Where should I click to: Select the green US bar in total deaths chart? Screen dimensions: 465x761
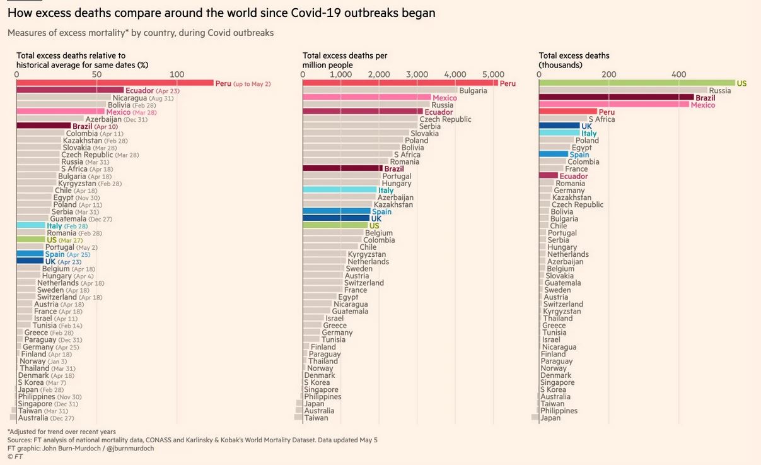pyautogui.click(x=637, y=83)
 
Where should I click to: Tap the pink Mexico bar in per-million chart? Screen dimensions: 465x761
pyautogui.click(x=366, y=98)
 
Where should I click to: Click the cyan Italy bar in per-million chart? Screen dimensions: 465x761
pyautogui.click(x=339, y=190)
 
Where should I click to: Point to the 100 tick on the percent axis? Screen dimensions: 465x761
pyautogui.click(x=177, y=74)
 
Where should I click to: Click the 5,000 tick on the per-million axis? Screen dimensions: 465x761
pyautogui.click(x=493, y=74)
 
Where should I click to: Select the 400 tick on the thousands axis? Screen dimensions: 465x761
pyautogui.click(x=678, y=74)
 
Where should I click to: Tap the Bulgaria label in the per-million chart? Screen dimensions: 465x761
pyautogui.click(x=473, y=91)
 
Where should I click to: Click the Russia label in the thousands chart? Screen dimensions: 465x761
pyautogui.click(x=719, y=91)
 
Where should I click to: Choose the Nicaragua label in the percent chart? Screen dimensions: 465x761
pyautogui.click(x=131, y=98)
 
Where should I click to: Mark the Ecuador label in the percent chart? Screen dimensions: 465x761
pyautogui.click(x=139, y=91)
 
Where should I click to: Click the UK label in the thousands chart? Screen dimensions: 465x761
pyautogui.click(x=586, y=126)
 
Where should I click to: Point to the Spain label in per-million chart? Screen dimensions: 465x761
pyautogui.click(x=381, y=211)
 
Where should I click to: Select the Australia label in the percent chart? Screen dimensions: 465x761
pyautogui.click(x=33, y=418)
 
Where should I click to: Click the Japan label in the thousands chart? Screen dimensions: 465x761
pyautogui.click(x=550, y=418)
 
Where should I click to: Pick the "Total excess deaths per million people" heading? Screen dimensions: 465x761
pyautogui.click(x=345, y=60)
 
